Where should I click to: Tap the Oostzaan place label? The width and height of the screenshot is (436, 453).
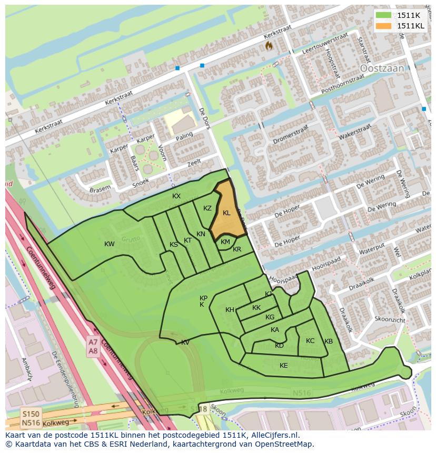click(381, 68)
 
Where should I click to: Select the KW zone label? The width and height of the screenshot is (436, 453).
click(110, 244)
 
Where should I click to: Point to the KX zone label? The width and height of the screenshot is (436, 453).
click(176, 196)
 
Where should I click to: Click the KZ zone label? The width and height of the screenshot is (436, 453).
click(207, 208)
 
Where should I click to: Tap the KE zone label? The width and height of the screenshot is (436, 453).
click(284, 366)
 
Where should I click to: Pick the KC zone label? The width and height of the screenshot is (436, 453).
click(310, 341)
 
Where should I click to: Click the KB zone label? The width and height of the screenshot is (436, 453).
click(329, 341)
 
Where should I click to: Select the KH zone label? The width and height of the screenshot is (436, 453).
click(230, 310)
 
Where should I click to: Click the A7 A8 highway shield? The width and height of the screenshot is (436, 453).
click(93, 347)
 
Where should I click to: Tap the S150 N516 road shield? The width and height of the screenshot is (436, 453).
click(31, 418)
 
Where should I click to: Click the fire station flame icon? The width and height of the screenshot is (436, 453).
click(269, 46)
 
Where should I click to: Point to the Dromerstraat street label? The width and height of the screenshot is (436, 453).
click(291, 135)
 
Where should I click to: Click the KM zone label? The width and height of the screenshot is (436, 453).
click(225, 242)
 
